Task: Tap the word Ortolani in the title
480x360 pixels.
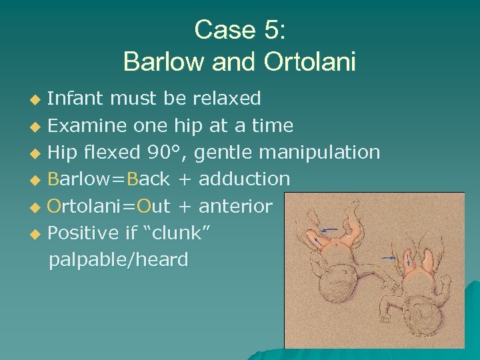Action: pyautogui.click(x=310, y=61)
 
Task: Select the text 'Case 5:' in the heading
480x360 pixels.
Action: pyautogui.click(x=239, y=30)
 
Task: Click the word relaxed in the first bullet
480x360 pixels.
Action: pyautogui.click(x=227, y=99)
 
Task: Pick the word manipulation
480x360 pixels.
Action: pyautogui.click(x=319, y=153)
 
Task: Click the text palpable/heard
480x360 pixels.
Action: pyautogui.click(x=119, y=259)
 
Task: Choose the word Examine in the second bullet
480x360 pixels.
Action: pyautogui.click(x=87, y=125)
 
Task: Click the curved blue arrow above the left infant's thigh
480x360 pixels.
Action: pyautogui.click(x=328, y=230)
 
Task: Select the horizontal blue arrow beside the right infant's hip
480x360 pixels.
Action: pyautogui.click(x=388, y=257)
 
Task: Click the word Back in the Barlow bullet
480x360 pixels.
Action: pyautogui.click(x=149, y=179)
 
